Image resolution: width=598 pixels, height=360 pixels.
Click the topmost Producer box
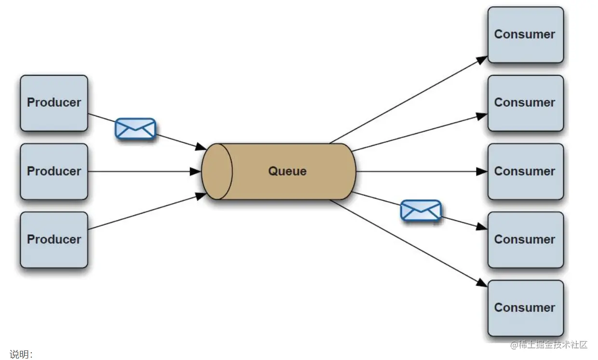[54, 103]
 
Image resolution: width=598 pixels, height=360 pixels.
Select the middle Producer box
[54, 171]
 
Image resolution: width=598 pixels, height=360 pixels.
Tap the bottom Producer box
[54, 239]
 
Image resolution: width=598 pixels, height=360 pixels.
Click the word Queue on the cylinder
[287, 171]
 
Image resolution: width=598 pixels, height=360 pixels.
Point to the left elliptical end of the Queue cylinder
[217, 171]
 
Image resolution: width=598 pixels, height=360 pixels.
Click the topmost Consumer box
[525, 34]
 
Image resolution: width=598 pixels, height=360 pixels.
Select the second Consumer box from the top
[525, 103]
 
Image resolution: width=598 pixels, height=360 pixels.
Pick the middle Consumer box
[525, 171]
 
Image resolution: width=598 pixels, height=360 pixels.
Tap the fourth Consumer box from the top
[525, 239]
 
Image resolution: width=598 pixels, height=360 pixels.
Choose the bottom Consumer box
[525, 308]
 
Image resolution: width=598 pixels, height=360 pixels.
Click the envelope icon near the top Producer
[136, 129]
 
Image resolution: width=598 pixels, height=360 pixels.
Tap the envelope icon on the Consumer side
[421, 210]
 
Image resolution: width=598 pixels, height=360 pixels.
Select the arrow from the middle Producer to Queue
[145, 171]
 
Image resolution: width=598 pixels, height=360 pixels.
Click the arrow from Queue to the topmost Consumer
[410, 99]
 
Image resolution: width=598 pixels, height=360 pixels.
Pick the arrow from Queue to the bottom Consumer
[410, 243]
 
